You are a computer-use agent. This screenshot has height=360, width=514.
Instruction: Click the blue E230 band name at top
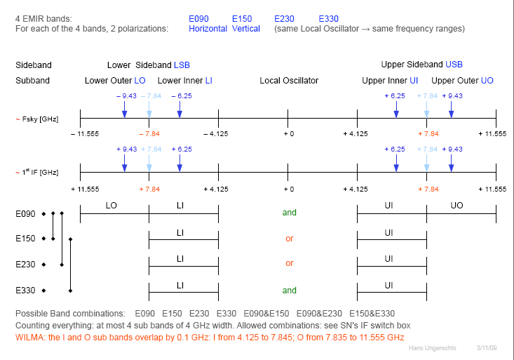click(x=285, y=18)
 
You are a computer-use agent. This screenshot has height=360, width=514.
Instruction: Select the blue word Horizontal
click(x=208, y=29)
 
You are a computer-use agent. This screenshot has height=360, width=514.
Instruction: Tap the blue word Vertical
click(x=246, y=29)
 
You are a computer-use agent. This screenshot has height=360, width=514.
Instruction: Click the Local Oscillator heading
click(x=289, y=81)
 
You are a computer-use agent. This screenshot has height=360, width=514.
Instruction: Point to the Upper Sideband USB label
click(x=421, y=65)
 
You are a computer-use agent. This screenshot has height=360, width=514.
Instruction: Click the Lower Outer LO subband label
click(x=115, y=81)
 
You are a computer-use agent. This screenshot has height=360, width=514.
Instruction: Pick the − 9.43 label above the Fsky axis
click(x=126, y=95)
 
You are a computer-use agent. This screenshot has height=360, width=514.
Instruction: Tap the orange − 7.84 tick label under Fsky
click(x=149, y=133)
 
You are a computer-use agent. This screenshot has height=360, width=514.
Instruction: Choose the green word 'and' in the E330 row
click(x=289, y=290)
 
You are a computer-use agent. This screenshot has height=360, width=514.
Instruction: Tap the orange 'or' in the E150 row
click(x=289, y=239)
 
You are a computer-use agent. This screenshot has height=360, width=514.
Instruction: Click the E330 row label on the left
click(x=26, y=290)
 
